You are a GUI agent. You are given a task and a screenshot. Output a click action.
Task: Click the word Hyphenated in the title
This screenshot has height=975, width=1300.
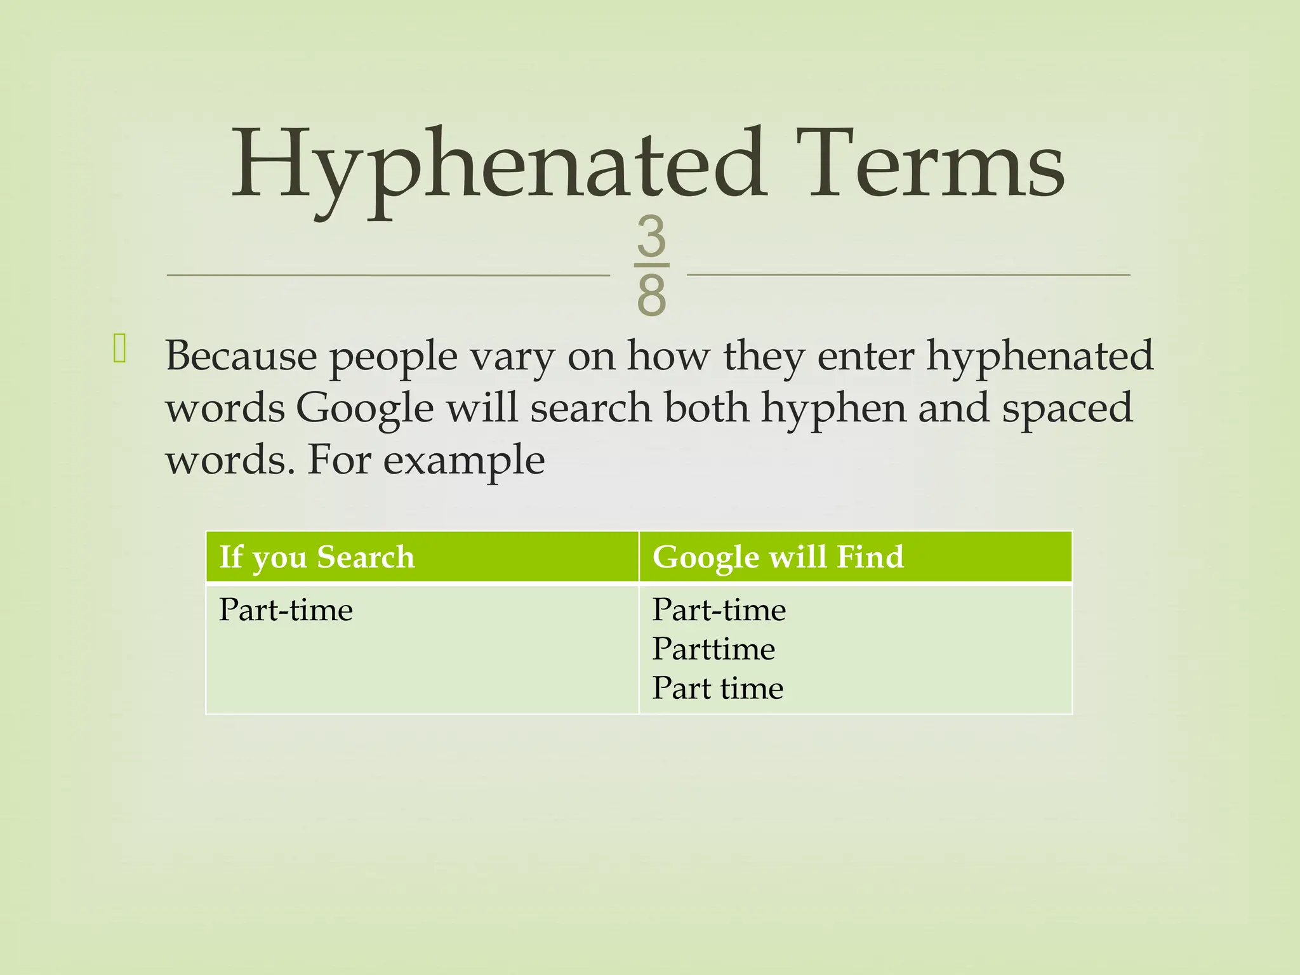[498, 166]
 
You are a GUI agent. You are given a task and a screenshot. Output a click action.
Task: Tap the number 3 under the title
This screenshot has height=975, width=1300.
[651, 236]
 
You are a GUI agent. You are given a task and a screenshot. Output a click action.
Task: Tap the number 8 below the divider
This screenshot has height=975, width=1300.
[651, 295]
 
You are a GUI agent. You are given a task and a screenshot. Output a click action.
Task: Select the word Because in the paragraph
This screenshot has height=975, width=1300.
[241, 355]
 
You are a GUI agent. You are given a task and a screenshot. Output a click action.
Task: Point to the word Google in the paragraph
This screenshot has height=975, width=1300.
[365, 408]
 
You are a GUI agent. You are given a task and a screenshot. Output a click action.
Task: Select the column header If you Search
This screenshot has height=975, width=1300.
[317, 557]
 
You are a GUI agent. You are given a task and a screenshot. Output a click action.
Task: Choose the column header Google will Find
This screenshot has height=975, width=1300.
[778, 557]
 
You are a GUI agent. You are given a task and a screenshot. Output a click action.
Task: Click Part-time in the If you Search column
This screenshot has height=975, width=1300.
[286, 610]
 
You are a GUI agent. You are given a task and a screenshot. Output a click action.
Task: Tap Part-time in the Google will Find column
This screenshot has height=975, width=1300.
[719, 610]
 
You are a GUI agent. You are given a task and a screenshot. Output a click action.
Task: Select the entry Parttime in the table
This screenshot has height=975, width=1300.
[713, 649]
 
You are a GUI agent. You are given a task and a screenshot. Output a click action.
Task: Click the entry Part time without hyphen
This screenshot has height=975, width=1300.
[717, 688]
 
